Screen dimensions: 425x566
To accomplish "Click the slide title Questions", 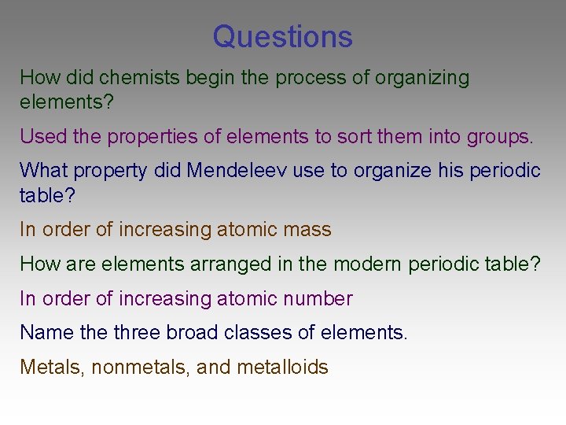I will (x=282, y=36).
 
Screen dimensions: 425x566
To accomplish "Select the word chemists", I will (x=141, y=78).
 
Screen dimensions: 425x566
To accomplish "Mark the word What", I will (x=42, y=170).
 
